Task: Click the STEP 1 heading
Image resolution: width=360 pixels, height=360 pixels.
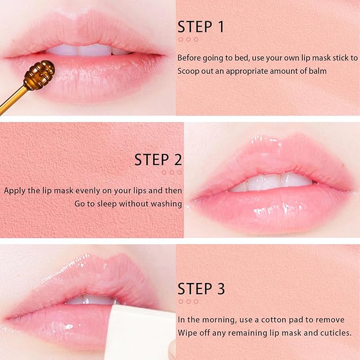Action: tap(201, 27)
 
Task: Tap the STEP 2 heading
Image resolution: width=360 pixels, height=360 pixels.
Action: tap(158, 160)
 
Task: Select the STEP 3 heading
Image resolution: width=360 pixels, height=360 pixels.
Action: tap(201, 289)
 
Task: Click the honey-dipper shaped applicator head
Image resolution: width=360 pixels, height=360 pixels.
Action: tap(40, 75)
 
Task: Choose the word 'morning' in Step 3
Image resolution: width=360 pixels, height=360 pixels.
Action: tap(221, 320)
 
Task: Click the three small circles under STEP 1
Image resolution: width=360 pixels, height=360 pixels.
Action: tap(188, 39)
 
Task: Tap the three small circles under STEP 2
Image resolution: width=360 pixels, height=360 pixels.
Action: tap(172, 172)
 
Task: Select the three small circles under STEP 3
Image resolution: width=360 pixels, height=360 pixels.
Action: tap(188, 302)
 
